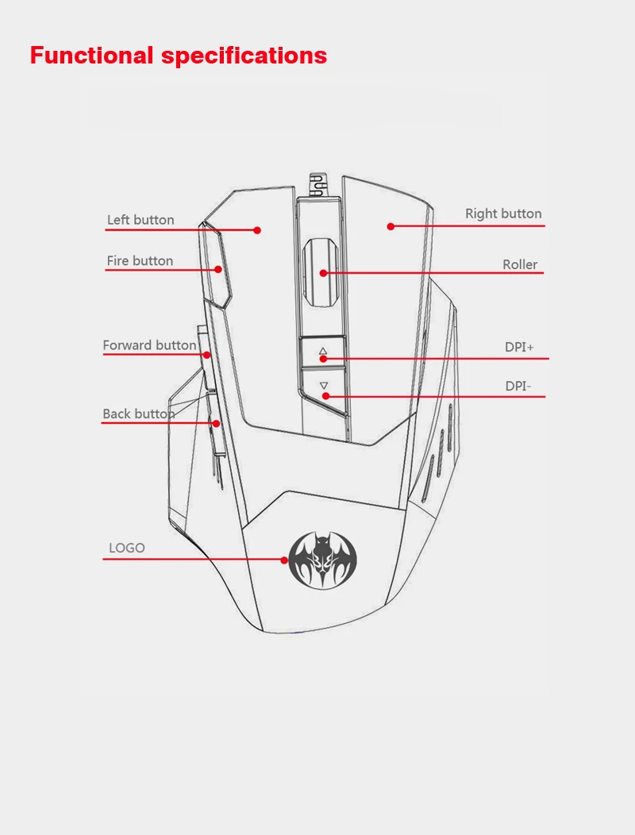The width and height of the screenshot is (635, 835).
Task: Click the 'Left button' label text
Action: [140, 220]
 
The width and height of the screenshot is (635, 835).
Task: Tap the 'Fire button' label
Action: [140, 261]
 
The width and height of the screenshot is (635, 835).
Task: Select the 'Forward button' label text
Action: [150, 345]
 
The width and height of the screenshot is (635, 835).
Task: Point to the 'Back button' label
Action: [138, 414]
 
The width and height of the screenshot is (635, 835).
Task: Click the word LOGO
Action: [127, 548]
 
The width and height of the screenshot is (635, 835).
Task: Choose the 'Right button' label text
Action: [503, 214]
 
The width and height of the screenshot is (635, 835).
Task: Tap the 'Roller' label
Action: [520, 264]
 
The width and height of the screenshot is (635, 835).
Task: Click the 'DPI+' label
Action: [519, 347]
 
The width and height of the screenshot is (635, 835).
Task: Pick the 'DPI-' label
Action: [518, 386]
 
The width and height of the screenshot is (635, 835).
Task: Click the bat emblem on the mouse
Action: [323, 560]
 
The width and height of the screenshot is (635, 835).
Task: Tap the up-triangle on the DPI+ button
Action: [323, 352]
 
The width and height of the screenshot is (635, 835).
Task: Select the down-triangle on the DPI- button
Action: [324, 385]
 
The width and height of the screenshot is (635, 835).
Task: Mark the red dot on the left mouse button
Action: [257, 230]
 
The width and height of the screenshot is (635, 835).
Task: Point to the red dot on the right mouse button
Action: [391, 226]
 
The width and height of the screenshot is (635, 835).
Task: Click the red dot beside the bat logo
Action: [284, 560]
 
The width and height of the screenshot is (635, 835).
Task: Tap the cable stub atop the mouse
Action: [318, 185]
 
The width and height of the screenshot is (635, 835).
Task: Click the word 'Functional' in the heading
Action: [91, 56]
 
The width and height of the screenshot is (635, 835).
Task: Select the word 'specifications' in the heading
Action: [244, 56]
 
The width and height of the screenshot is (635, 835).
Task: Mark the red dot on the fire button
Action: [218, 269]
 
